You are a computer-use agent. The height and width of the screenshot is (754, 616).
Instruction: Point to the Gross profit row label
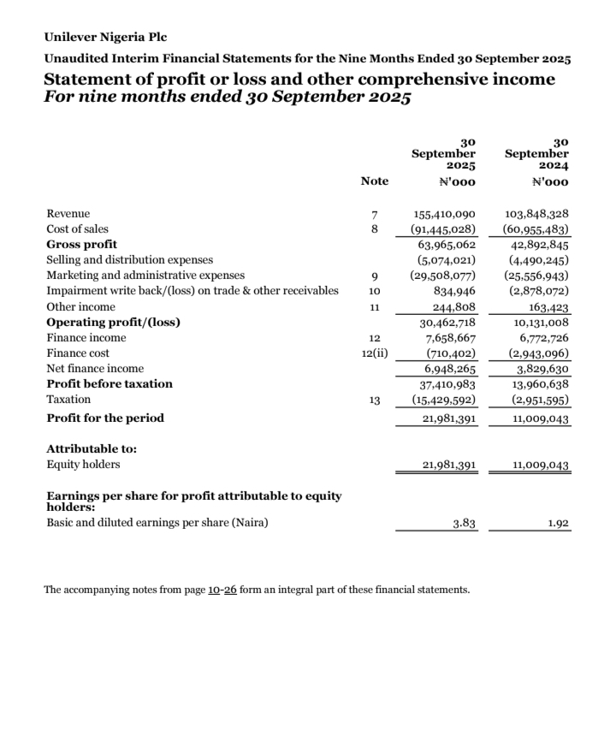82,245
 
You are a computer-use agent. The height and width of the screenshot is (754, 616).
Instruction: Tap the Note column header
374,181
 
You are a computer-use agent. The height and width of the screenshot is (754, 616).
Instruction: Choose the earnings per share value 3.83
463,524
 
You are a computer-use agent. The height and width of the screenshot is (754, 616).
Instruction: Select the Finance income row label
86,338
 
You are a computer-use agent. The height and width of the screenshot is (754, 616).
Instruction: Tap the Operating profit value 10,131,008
541,323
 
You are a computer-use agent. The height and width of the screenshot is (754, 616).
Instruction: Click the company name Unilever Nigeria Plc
105,38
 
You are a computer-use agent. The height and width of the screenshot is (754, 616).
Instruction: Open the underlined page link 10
215,590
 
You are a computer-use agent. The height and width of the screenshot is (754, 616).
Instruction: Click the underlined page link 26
230,590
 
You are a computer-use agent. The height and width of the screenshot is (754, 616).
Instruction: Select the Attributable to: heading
92,448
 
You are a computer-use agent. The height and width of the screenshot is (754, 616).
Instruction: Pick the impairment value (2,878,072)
537,291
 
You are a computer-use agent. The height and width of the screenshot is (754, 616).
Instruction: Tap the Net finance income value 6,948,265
450,369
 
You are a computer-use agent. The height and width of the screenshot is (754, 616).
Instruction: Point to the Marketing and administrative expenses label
145,276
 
